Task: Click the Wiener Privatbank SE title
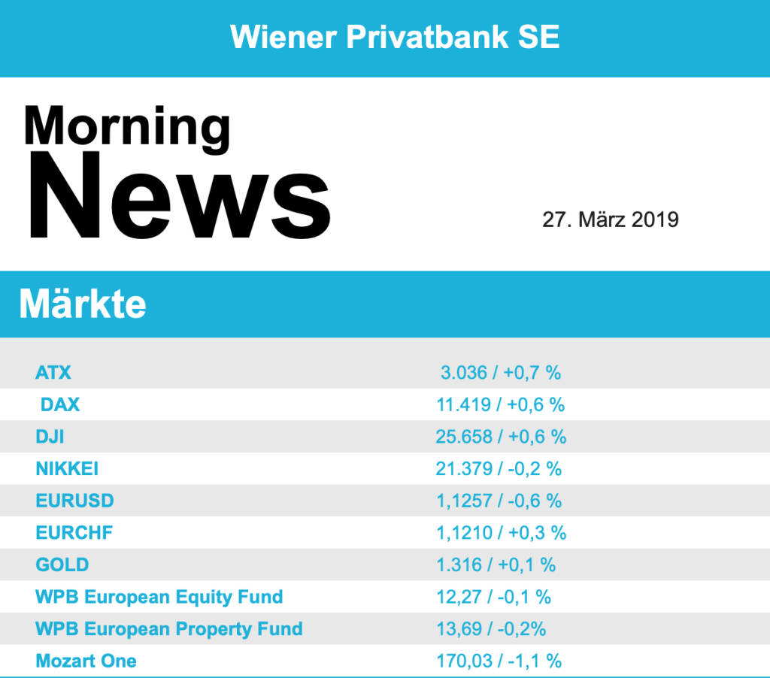pos(395,37)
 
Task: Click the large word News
pos(179,196)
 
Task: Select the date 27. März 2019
pos(610,219)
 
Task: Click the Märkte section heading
pos(83,304)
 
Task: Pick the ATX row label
pos(53,372)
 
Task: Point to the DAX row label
pos(60,404)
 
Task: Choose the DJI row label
pos(50,437)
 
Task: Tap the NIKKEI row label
pos(67,469)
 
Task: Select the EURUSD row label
pos(74,501)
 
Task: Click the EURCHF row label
pos(74,533)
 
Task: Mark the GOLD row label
pos(62,564)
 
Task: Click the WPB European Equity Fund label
pos(159,597)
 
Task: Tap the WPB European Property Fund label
pos(168,628)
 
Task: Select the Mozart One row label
pos(86,661)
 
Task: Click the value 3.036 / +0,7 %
pos(501,372)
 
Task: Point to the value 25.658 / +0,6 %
pos(501,437)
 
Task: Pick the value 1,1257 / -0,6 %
pos(499,501)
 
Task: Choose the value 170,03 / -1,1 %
pos(499,661)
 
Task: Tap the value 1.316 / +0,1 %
pos(496,564)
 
